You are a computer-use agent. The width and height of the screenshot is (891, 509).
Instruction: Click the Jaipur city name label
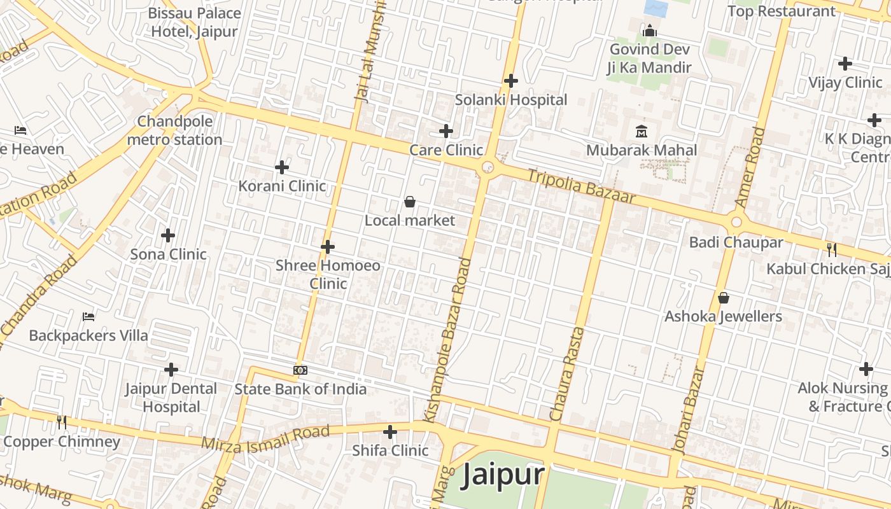tap(503, 475)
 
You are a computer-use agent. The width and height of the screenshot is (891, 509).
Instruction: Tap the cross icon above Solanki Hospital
tap(510, 81)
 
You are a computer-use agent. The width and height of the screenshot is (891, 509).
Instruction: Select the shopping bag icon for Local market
tap(410, 202)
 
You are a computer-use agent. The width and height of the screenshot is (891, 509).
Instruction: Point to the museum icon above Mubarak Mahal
tap(641, 132)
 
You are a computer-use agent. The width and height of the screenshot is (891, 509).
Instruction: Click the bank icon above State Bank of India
tap(300, 370)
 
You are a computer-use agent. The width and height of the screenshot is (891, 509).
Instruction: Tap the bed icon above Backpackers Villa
tap(88, 316)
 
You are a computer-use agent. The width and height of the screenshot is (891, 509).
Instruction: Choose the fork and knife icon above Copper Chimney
tap(61, 422)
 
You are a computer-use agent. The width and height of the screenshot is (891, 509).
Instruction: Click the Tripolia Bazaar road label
tap(581, 186)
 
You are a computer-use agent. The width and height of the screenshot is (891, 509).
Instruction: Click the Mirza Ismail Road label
tap(265, 439)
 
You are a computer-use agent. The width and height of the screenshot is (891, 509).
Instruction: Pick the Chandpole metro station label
tap(175, 130)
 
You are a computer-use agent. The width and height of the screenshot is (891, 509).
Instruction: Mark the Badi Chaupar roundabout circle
tap(736, 222)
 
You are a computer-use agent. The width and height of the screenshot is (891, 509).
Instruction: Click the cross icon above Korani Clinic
tap(282, 167)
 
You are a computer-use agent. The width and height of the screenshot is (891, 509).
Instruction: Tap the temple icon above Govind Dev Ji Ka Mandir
tap(649, 30)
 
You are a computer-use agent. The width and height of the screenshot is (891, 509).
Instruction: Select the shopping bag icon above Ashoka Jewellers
tap(723, 297)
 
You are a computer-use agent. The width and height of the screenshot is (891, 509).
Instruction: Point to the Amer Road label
tap(750, 167)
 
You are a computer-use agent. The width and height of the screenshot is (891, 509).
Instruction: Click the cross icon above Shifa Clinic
tap(390, 432)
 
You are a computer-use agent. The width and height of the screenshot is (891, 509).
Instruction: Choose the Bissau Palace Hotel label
tap(195, 22)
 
